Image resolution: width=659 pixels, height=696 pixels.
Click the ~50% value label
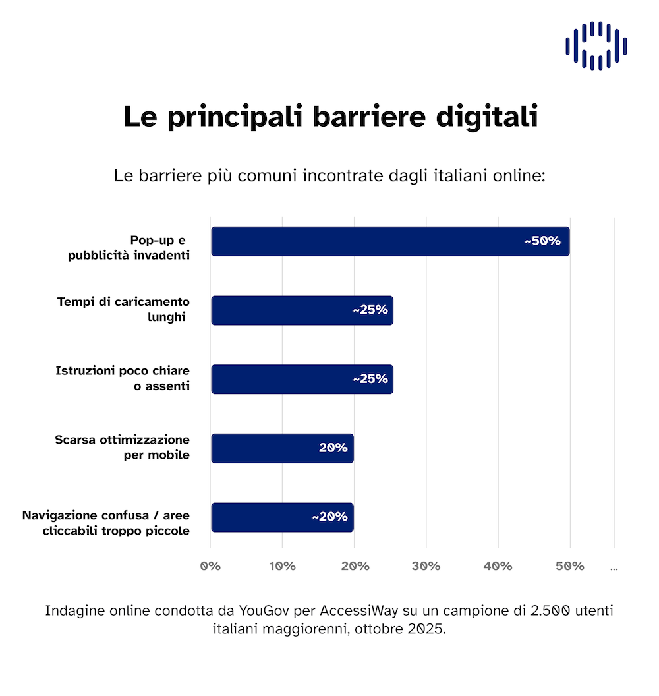(x=542, y=241)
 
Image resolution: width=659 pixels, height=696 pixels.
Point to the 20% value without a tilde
(x=333, y=448)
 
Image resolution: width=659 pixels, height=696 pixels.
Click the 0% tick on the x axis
(x=210, y=566)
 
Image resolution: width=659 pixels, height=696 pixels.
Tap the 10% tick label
(x=282, y=566)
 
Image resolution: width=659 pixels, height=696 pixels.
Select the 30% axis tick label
(x=426, y=566)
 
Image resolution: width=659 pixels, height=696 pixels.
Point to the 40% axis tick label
(x=498, y=566)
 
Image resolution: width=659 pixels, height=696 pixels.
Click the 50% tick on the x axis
(x=569, y=566)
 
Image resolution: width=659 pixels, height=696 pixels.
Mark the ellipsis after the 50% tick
(x=614, y=567)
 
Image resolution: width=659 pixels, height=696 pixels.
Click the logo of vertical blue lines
(x=596, y=45)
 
